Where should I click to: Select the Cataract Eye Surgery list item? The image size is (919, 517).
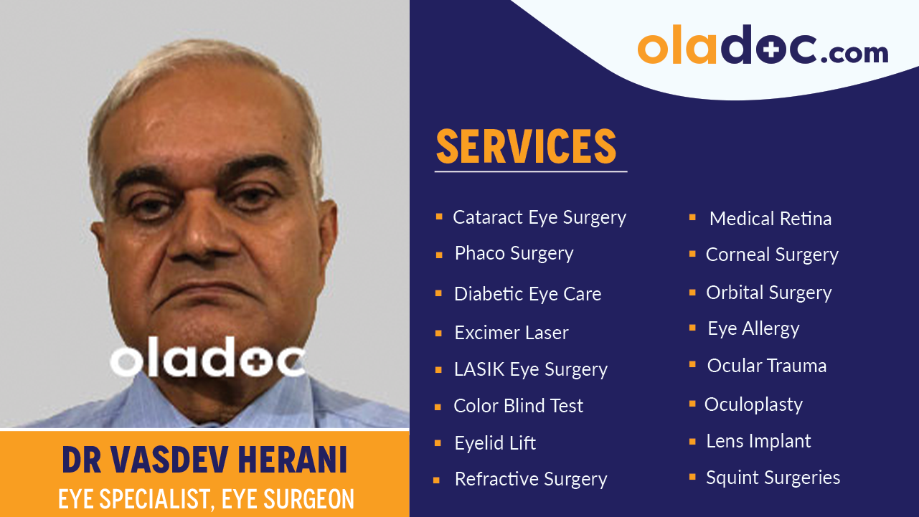[x=539, y=217]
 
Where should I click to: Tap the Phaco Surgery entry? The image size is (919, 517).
[x=514, y=254]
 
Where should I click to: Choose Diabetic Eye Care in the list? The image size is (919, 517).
[x=527, y=294]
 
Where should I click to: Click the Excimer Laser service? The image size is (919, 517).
[x=511, y=333]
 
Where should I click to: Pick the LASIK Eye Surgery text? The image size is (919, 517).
[x=530, y=369]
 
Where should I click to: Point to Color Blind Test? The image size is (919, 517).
[x=518, y=406]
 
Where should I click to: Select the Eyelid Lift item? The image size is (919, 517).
[x=495, y=443]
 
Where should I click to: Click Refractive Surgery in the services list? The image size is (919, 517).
[x=530, y=479]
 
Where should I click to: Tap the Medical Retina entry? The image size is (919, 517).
[x=770, y=219]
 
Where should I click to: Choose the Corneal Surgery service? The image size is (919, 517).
[x=772, y=255]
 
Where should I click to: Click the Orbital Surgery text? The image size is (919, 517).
[x=768, y=293]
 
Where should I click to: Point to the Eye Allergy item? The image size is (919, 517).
[x=753, y=328]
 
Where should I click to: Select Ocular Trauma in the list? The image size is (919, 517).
[x=766, y=366]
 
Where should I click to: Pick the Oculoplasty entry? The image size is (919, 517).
[x=753, y=404]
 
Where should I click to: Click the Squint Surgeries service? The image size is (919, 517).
[x=773, y=478]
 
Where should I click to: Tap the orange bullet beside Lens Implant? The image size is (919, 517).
[x=692, y=441]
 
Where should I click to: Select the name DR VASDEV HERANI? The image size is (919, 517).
[x=204, y=460]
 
